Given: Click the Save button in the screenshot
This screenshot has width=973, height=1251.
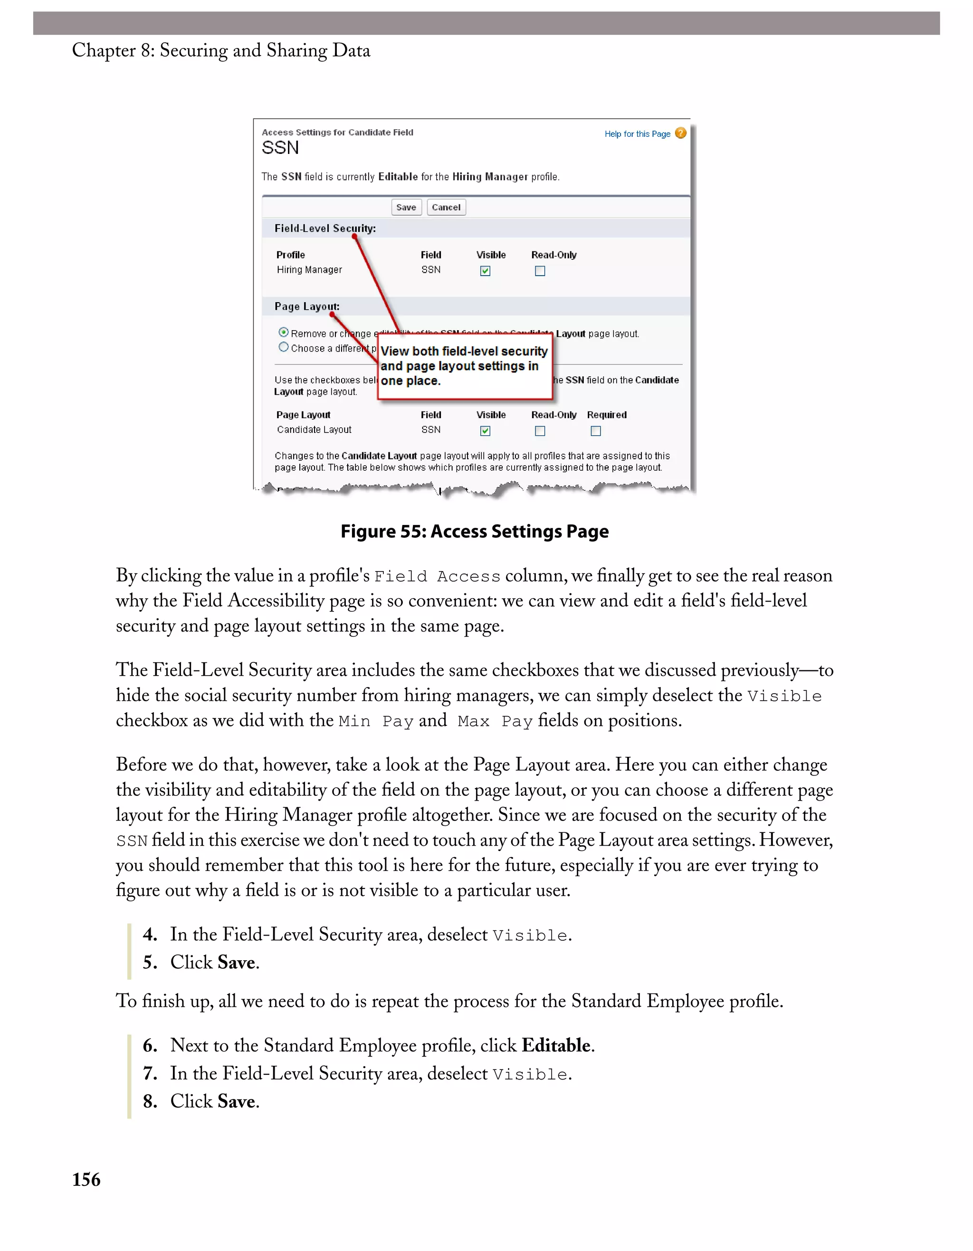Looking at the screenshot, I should [x=406, y=207].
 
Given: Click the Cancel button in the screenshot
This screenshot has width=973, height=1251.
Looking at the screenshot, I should [x=446, y=207].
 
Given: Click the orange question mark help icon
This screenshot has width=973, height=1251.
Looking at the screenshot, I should [x=680, y=134].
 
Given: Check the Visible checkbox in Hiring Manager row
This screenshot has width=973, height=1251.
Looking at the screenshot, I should [x=485, y=271].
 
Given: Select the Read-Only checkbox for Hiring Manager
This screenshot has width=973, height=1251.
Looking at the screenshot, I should [x=540, y=271].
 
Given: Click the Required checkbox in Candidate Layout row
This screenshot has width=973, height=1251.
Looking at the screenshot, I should [x=596, y=431].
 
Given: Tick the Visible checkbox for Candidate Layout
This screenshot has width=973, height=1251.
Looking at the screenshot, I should [x=485, y=431].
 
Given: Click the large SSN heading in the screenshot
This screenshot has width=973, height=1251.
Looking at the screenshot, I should [x=280, y=148].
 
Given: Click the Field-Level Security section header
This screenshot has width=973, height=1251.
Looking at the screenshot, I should [x=324, y=229].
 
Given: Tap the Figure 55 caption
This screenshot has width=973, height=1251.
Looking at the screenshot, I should [x=474, y=532].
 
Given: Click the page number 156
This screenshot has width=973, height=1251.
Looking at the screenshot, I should [x=86, y=1179].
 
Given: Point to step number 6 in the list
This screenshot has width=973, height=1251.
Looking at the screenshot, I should [x=150, y=1045].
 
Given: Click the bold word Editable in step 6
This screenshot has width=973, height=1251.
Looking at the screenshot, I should [x=555, y=1045].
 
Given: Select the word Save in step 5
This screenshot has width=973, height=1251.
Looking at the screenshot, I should [x=236, y=962].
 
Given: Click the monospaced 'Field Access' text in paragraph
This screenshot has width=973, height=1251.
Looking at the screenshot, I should [x=437, y=577].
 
